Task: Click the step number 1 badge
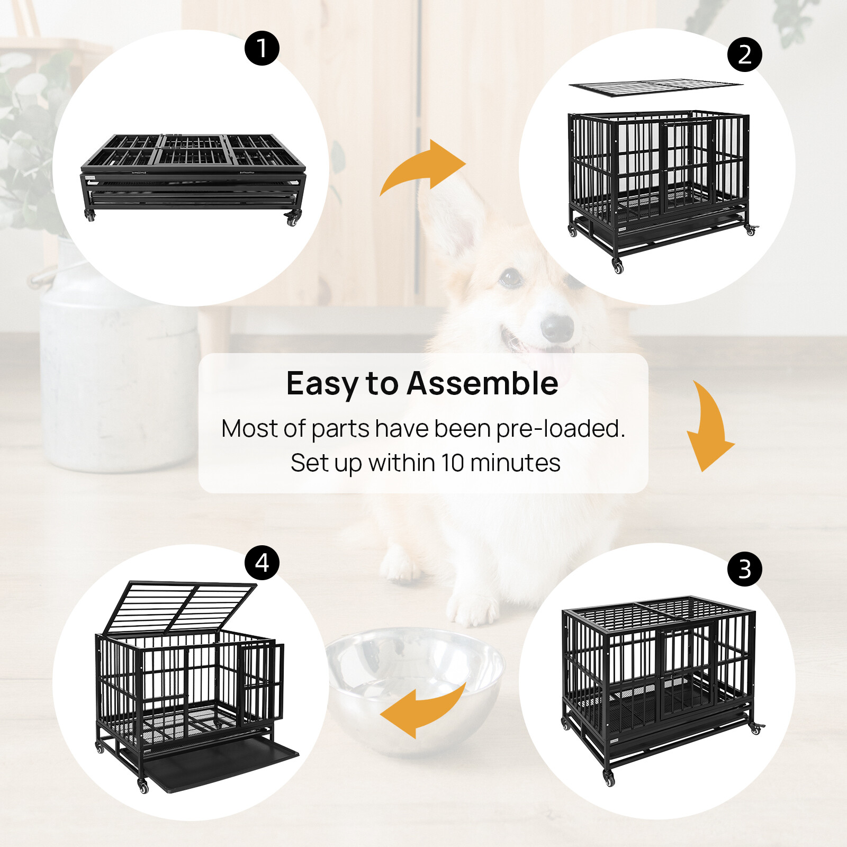[x=262, y=48]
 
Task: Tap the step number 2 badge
[x=745, y=55]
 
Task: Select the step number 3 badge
[x=745, y=569]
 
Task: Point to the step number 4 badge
[x=262, y=563]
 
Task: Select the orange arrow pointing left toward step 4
[x=424, y=712]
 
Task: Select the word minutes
[x=515, y=463]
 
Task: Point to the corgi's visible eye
[x=511, y=276]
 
